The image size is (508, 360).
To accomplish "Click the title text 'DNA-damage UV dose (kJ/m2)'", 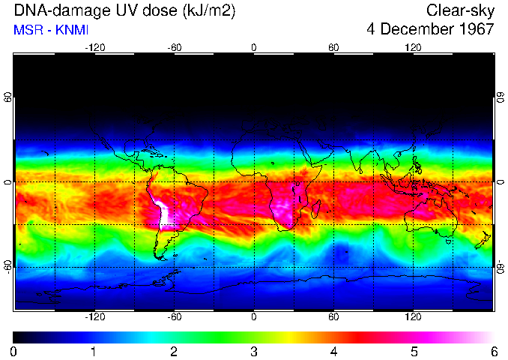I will (x=119, y=11).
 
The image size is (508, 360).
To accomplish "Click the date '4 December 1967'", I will (x=430, y=30).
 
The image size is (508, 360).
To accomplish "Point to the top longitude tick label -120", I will (x=94, y=47).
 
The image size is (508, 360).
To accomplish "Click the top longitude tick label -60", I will (x=174, y=47).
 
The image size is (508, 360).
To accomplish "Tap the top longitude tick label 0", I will (x=254, y=47).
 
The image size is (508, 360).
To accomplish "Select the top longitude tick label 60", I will (x=333, y=47).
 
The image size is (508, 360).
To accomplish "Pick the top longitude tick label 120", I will (x=413, y=47).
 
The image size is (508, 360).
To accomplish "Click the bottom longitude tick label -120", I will (x=94, y=317).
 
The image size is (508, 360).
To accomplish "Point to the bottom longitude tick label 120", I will (x=413, y=317).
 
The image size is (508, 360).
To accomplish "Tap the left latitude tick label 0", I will (x=8, y=182).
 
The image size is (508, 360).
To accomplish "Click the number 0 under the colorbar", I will (x=14, y=351).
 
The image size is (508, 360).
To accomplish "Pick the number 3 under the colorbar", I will (x=254, y=351).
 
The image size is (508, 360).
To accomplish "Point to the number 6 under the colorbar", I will (x=494, y=351).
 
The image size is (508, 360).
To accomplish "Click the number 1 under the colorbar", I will (x=94, y=351).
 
